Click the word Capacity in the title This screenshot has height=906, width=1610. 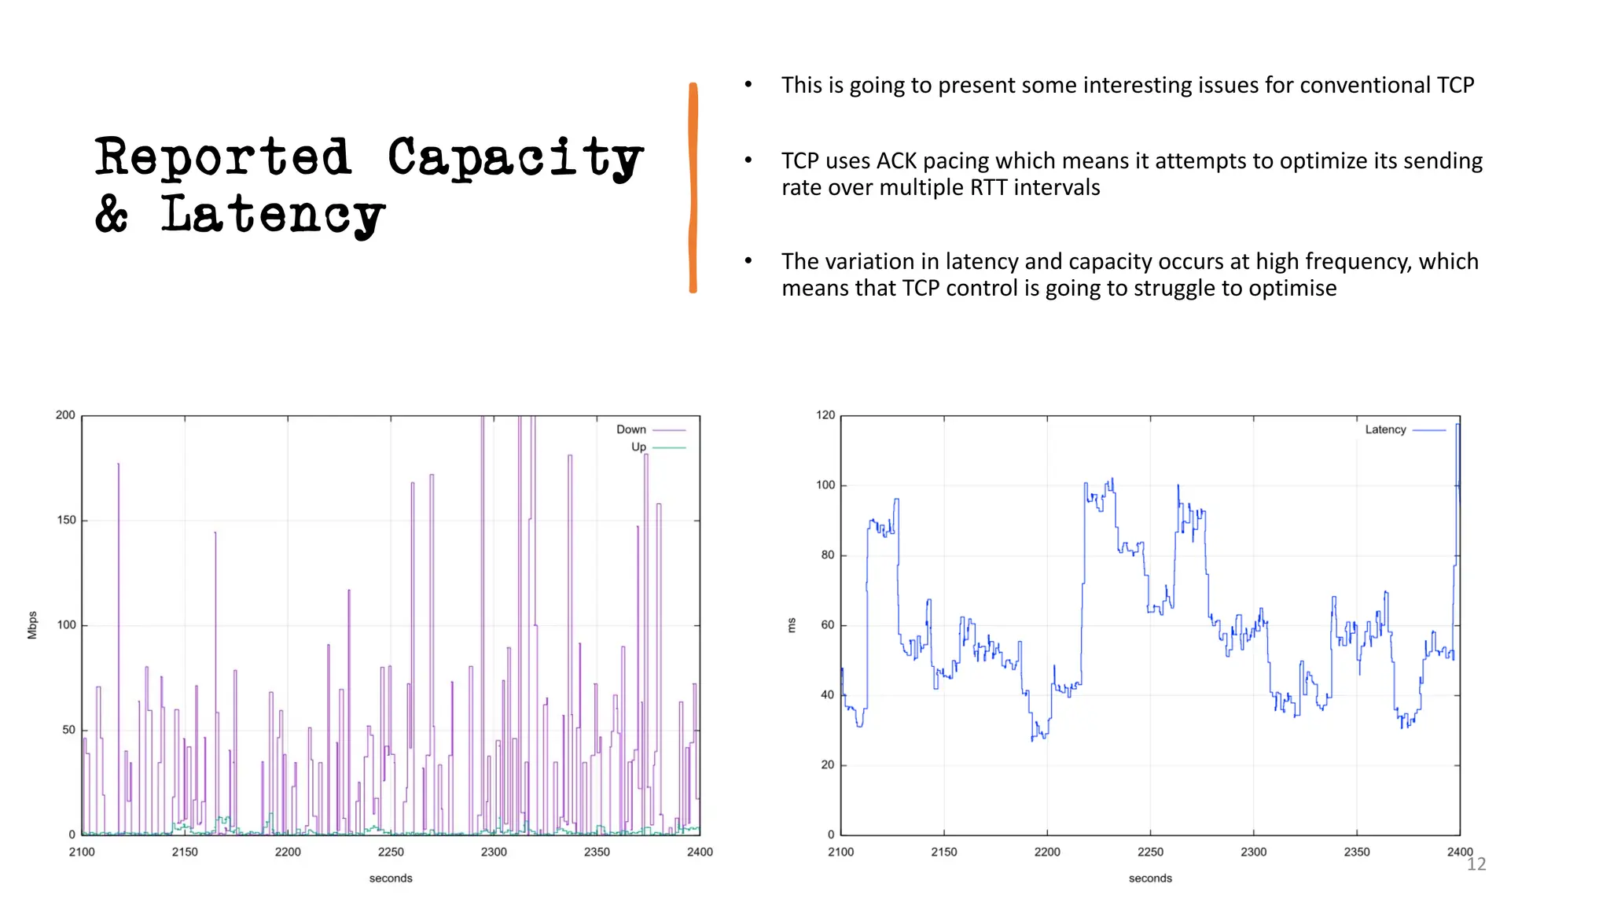(515, 158)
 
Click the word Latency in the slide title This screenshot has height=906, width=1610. (273, 215)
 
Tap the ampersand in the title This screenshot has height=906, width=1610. (112, 215)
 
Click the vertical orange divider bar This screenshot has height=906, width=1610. (693, 188)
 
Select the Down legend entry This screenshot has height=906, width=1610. (631, 429)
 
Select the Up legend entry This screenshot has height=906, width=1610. (638, 447)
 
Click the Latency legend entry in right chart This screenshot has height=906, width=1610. (1385, 429)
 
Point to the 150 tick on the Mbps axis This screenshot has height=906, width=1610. (66, 520)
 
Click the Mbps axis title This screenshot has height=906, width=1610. (32, 624)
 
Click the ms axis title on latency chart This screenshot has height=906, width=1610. (792, 625)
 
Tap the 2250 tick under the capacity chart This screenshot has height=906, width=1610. (391, 852)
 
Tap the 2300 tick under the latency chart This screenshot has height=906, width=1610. (1253, 852)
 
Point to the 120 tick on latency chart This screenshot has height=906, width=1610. (825, 415)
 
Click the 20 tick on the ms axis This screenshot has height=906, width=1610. (827, 764)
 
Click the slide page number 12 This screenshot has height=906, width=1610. (1476, 864)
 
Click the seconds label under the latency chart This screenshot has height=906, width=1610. (1150, 878)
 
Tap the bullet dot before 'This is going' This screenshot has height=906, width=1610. (748, 84)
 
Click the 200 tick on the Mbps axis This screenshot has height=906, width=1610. (65, 415)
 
